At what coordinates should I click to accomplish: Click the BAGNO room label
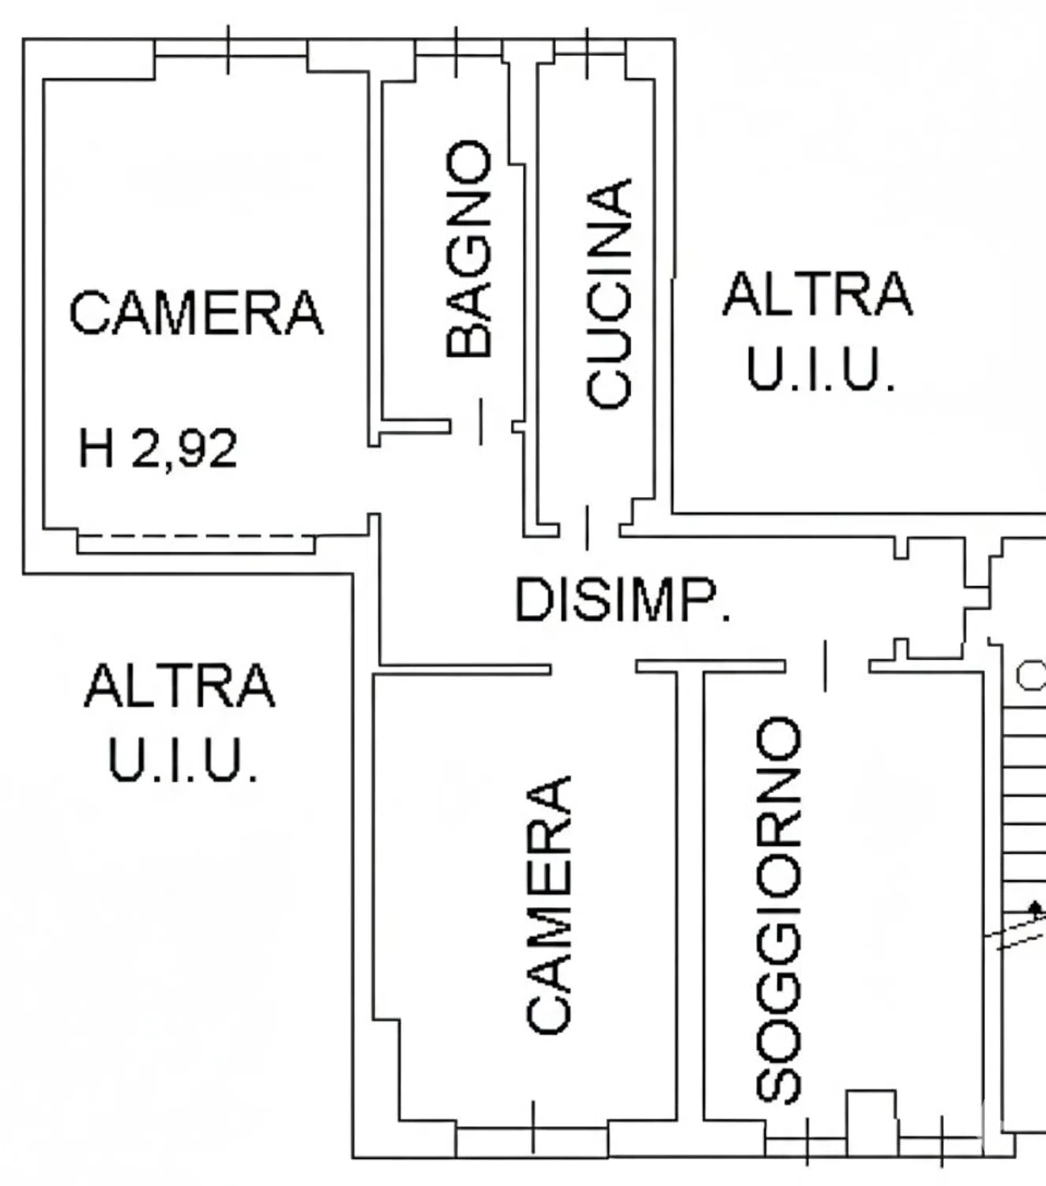coord(468,249)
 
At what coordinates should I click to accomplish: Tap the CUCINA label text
coord(609,293)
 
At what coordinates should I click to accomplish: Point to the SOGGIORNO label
coord(778,910)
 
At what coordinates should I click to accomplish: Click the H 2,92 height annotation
coord(158,448)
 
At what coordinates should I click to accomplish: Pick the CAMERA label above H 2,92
coord(197,312)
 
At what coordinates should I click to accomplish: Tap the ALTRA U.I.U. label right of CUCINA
coord(818,330)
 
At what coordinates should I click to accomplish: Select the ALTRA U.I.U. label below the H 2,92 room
coord(179,722)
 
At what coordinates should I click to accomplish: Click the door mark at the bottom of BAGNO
coord(481,421)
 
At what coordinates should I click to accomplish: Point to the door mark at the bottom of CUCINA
coord(587,528)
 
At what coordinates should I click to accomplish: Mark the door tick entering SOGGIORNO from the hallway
coord(826,666)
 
